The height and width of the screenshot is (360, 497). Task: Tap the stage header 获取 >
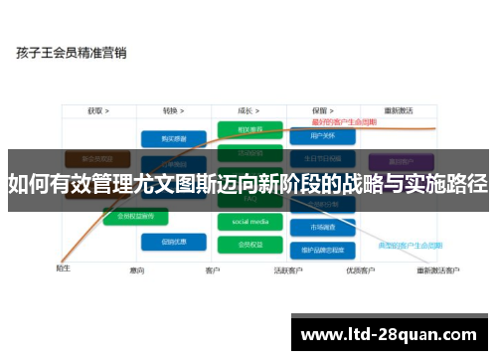pos(97,111)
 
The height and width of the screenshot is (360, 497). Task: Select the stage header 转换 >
pos(176,111)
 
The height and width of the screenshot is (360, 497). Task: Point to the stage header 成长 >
pos(249,111)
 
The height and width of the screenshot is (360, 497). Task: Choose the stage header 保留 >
pos(320,111)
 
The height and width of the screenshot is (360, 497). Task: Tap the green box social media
pos(249,221)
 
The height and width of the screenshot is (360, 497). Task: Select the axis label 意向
pos(137,270)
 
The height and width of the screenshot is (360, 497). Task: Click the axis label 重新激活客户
pos(437,270)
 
